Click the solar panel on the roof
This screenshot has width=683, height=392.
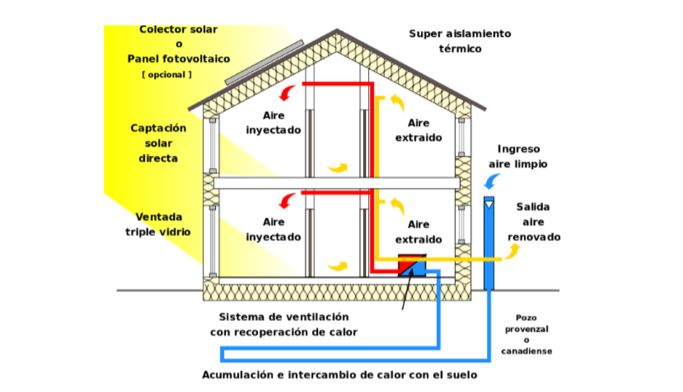click(265, 62)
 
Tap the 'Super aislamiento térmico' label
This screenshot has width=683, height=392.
click(460, 41)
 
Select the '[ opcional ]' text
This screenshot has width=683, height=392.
click(167, 75)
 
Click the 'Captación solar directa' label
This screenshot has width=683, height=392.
click(159, 143)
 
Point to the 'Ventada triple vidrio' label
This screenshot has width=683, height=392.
click(159, 224)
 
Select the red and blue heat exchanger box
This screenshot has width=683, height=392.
click(413, 265)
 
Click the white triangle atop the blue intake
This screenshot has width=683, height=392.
click(489, 204)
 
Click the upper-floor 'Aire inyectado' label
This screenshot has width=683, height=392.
click(274, 123)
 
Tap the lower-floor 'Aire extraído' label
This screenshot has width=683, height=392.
click(418, 232)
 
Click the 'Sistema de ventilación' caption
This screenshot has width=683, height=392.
click(283, 316)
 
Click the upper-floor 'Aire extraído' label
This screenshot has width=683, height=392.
click(418, 130)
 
